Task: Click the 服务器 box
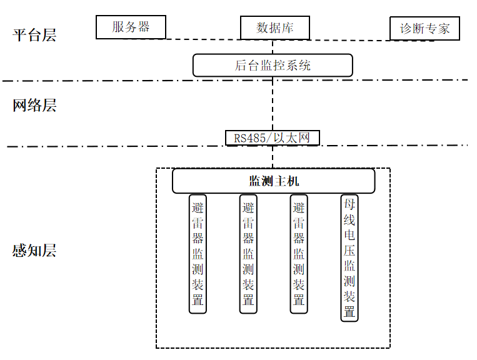pos(131,27)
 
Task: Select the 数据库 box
pos(275,27)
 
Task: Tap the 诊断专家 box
pos(424,29)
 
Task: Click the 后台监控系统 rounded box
pos(273,65)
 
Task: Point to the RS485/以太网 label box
pos(273,137)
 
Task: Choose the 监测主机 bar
pos(274,181)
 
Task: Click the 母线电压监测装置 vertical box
pos(349,257)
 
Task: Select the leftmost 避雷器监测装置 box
pos(198,254)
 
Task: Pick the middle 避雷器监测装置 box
pos(248,254)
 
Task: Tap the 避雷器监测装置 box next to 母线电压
pos(299,254)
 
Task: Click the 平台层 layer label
pos(35,34)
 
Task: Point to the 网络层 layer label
pos(35,105)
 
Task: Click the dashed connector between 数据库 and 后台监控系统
pos(273,46)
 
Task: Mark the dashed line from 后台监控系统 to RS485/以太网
pos(273,103)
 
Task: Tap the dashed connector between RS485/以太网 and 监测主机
pos(273,157)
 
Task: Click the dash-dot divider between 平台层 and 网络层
pos(125,81)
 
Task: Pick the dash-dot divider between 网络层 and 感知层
pos(125,147)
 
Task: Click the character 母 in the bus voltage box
pos(349,204)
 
